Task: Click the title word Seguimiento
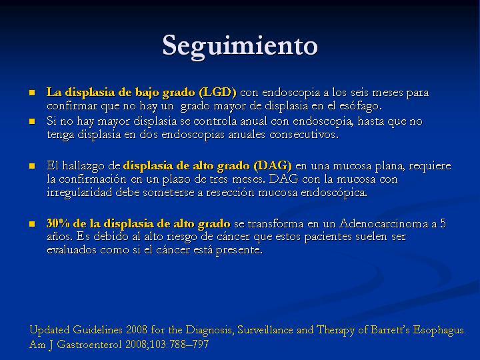(x=240, y=46)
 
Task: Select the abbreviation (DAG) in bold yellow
(x=273, y=165)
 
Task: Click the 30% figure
(x=58, y=223)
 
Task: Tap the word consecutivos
(x=304, y=135)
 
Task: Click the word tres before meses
(x=219, y=179)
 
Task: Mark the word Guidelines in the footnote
(x=97, y=330)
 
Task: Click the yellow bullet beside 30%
(x=32, y=224)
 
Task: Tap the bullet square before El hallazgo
(x=32, y=166)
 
